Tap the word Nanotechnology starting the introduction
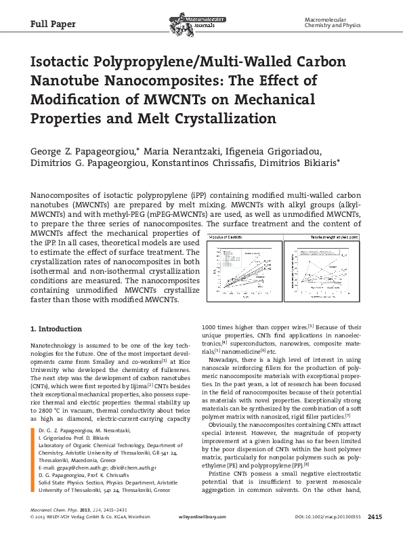click(x=58, y=346)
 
